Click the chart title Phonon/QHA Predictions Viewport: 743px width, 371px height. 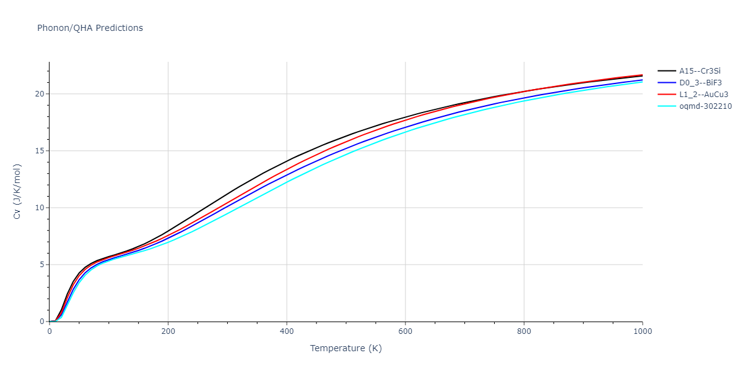tap(90, 28)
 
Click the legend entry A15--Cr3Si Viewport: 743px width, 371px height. tap(700, 71)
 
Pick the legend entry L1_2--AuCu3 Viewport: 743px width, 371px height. tap(703, 95)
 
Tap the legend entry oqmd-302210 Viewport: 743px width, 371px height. tap(705, 106)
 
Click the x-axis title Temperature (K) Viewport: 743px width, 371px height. tap(346, 348)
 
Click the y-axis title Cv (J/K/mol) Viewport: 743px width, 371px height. tap(18, 192)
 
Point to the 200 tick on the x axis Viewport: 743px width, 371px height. tap(168, 331)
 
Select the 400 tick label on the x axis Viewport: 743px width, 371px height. tap(287, 331)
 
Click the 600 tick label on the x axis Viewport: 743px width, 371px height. tap(405, 331)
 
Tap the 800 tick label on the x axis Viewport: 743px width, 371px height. tap(524, 331)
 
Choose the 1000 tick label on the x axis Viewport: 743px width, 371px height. tap(642, 331)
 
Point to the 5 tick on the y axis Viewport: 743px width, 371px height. tap(41, 265)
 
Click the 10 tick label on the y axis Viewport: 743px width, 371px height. tap(40, 208)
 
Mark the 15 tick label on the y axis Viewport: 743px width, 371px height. tap(40, 151)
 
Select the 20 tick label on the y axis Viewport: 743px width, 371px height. tap(40, 94)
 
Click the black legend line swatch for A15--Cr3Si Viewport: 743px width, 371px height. tap(666, 71)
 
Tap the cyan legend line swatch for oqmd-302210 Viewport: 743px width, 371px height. tap(666, 106)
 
